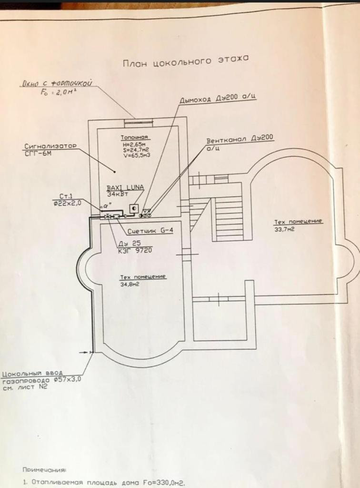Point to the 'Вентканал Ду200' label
click(x=240, y=141)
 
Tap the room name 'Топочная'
click(x=132, y=137)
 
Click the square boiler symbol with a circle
click(x=134, y=208)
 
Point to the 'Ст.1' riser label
click(x=65, y=196)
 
